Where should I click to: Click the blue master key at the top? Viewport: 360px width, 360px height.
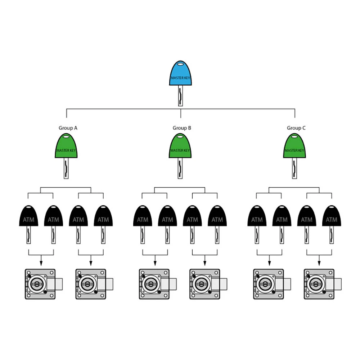click(x=180, y=76)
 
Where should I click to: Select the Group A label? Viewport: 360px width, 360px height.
click(x=68, y=128)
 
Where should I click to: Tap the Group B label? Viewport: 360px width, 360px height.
click(x=182, y=128)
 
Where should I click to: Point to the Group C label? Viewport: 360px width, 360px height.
click(x=296, y=128)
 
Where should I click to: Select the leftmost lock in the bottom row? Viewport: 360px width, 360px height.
click(x=40, y=284)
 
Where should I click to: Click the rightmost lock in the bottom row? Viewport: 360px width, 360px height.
click(x=319, y=284)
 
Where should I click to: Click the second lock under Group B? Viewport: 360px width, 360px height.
click(x=205, y=284)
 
